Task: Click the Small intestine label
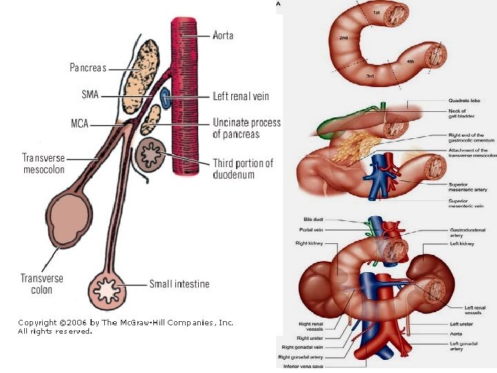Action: [179, 284]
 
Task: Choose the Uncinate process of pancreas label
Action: [246, 128]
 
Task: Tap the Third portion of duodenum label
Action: [243, 169]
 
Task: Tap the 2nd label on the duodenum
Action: [344, 37]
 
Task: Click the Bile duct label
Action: [313, 220]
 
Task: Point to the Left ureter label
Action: [461, 324]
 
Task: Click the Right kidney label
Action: [310, 244]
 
